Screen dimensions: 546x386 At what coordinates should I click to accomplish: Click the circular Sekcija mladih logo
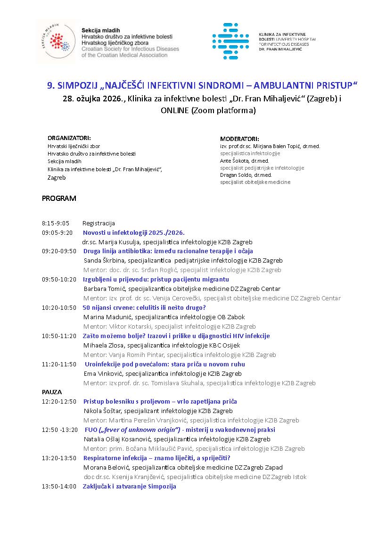56,42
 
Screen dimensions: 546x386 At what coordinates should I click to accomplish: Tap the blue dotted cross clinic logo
230,41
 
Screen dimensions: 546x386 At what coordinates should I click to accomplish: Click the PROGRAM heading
59,199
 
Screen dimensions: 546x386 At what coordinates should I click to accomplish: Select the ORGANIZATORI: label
69,138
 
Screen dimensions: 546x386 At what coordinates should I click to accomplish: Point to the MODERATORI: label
239,139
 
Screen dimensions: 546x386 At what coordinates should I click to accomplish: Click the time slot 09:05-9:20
57,232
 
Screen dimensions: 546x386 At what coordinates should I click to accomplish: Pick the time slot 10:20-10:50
59,307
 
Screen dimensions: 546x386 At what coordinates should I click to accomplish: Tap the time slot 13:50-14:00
59,486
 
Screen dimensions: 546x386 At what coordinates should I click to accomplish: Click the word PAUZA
52,392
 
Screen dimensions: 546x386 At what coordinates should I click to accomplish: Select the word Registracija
99,223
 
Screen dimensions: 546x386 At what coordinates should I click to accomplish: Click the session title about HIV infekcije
176,336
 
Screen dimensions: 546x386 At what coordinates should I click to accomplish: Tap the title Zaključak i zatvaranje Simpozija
130,486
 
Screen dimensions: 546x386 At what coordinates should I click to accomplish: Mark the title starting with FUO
180,430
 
